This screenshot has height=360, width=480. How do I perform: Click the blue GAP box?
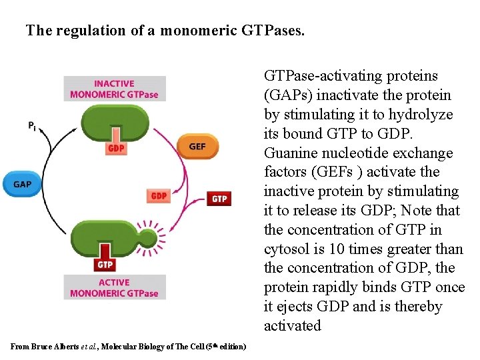pos(22,184)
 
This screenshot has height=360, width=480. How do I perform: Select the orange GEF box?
pos(197,147)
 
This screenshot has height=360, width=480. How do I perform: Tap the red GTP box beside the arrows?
pos(219,199)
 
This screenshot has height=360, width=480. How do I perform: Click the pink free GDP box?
pos(159,195)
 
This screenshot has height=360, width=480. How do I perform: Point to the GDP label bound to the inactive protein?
pos(115,148)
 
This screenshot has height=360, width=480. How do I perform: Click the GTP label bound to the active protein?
pos(105,264)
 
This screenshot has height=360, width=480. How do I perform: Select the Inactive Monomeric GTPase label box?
pos(114,89)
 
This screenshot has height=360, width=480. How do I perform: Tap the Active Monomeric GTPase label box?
pos(114,287)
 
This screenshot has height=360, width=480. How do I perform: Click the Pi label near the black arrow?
pos(32,125)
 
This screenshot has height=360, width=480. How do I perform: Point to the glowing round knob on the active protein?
pos(147,237)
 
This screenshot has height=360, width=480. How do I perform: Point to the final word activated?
pos(293,326)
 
